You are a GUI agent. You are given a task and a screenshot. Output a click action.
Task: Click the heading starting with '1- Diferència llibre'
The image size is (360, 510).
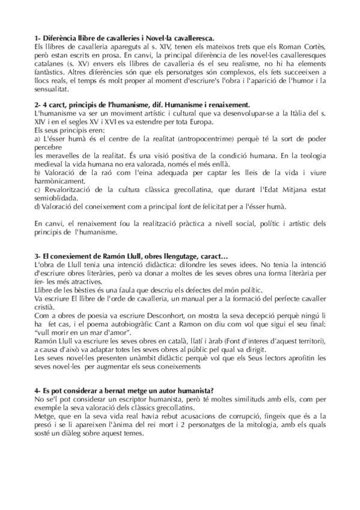(x=126, y=37)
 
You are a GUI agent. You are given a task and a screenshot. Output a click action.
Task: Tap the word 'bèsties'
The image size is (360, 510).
(x=85, y=290)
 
